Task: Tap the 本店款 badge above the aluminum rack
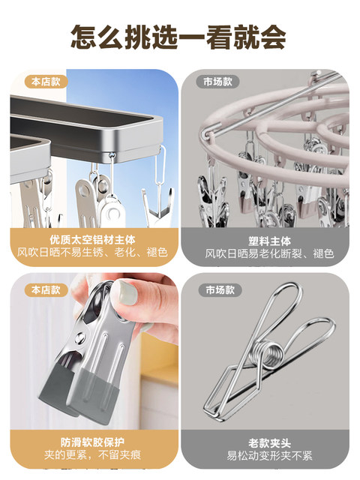pyautogui.click(x=46, y=81)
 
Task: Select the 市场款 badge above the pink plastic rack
pyautogui.click(x=218, y=81)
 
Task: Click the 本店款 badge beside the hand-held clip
pyautogui.click(x=46, y=289)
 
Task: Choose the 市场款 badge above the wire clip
pyautogui.click(x=218, y=289)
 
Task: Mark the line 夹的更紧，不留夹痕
pyautogui.click(x=94, y=456)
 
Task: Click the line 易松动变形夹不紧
pyautogui.click(x=265, y=456)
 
